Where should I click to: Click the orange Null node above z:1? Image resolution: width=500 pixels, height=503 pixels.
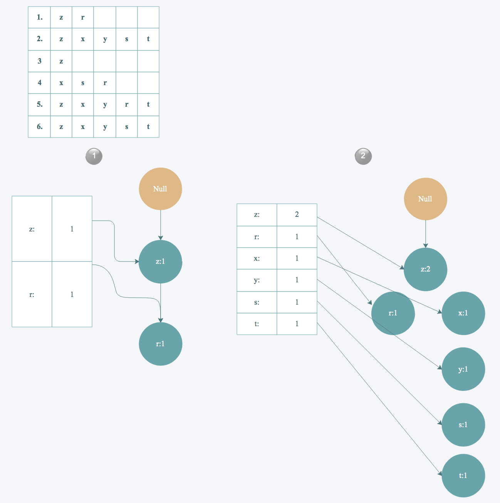(160, 189)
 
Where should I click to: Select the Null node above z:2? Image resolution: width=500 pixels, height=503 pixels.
(425, 199)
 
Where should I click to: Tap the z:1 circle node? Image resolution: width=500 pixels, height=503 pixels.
(160, 262)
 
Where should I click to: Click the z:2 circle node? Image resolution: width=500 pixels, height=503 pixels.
(425, 269)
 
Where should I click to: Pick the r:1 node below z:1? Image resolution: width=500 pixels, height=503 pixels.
(160, 344)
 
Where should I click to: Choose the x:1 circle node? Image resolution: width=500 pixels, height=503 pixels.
(463, 313)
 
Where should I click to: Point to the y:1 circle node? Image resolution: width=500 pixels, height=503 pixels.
(463, 369)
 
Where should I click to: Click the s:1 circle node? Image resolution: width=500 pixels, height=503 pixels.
(463, 425)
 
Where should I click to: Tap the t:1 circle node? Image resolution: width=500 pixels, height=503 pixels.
(463, 476)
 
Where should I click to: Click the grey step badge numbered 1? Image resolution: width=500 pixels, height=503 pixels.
(94, 156)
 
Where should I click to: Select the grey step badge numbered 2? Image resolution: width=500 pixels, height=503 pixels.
(363, 156)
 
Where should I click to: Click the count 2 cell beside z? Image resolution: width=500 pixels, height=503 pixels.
(297, 215)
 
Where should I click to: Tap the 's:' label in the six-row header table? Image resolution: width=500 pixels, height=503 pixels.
(257, 302)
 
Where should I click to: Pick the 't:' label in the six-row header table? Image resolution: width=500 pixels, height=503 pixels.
(257, 324)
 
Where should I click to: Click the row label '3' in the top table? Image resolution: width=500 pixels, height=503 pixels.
(39, 61)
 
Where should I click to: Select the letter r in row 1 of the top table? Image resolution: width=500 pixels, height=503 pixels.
(83, 17)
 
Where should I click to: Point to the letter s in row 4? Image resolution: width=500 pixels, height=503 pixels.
(83, 83)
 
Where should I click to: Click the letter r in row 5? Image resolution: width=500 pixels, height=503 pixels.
(127, 104)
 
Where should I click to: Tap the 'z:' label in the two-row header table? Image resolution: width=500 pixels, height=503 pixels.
(32, 229)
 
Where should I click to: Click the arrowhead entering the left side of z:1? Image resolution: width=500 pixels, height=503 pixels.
(137, 262)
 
